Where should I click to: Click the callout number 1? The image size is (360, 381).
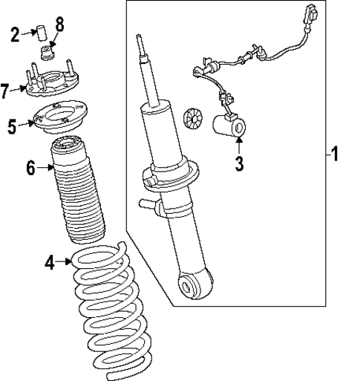tap(336, 155)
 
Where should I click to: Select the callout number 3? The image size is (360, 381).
tap(239, 163)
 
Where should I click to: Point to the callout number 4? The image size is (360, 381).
tap(50, 261)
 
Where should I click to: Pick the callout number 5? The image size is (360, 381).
tap(13, 126)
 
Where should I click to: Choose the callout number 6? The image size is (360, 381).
tap(30, 169)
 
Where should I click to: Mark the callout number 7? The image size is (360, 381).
tap(6, 92)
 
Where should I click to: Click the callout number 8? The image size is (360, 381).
tap(60, 23)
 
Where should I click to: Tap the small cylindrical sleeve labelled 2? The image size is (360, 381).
tap(42, 33)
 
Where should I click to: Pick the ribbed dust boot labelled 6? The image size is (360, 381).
tap(76, 197)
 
